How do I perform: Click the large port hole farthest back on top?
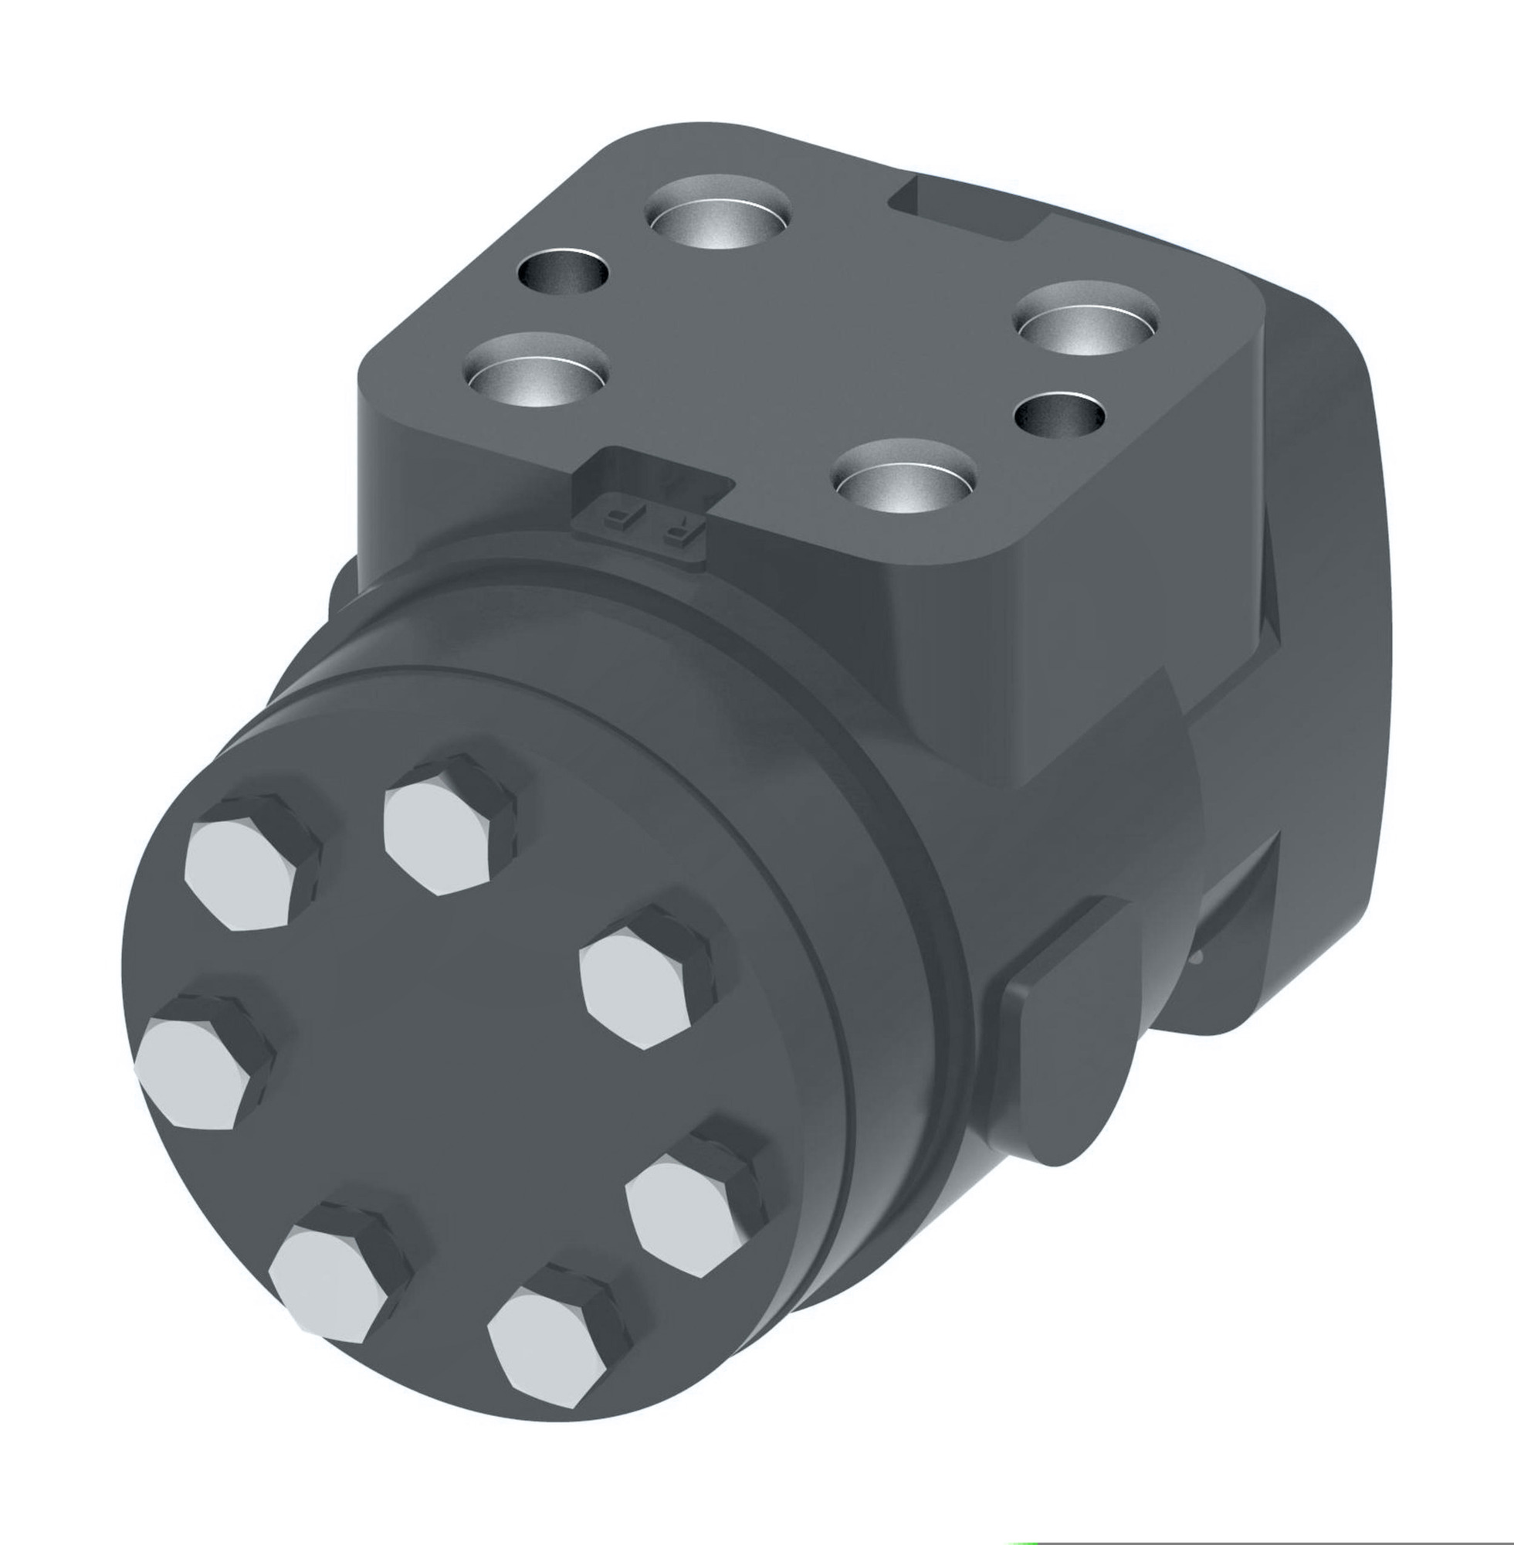tap(718, 212)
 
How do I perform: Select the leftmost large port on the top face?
tap(537, 371)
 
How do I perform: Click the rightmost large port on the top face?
tap(1085, 319)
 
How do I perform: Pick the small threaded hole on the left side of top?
tap(563, 272)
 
